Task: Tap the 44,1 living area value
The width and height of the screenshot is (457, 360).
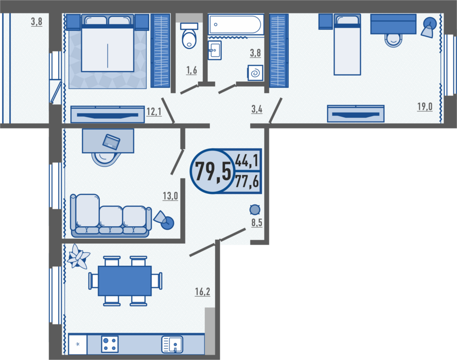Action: (x=247, y=160)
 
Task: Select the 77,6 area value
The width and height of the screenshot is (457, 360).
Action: (x=247, y=182)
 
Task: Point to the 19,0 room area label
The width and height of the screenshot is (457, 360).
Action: (x=425, y=107)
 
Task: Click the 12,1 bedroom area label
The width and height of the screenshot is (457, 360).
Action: (x=154, y=112)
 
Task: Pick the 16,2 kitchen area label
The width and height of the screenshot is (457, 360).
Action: (x=203, y=292)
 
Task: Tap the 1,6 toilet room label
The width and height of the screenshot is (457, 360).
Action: (x=191, y=70)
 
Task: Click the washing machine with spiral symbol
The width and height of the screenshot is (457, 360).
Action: (x=255, y=73)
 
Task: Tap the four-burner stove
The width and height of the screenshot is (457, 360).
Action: (x=110, y=344)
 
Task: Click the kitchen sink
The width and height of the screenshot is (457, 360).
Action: (x=172, y=344)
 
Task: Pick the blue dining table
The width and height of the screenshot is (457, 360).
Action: (x=125, y=281)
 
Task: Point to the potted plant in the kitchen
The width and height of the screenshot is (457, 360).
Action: (x=78, y=257)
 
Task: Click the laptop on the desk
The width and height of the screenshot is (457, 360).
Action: (x=111, y=142)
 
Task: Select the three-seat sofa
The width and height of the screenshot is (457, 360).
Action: (x=111, y=215)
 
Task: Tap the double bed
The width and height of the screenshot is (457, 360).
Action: (x=108, y=43)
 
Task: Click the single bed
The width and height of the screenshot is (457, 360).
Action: (x=347, y=45)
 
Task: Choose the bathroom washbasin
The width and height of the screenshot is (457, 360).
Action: (x=215, y=50)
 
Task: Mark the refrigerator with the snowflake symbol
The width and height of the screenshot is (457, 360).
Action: (x=78, y=344)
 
